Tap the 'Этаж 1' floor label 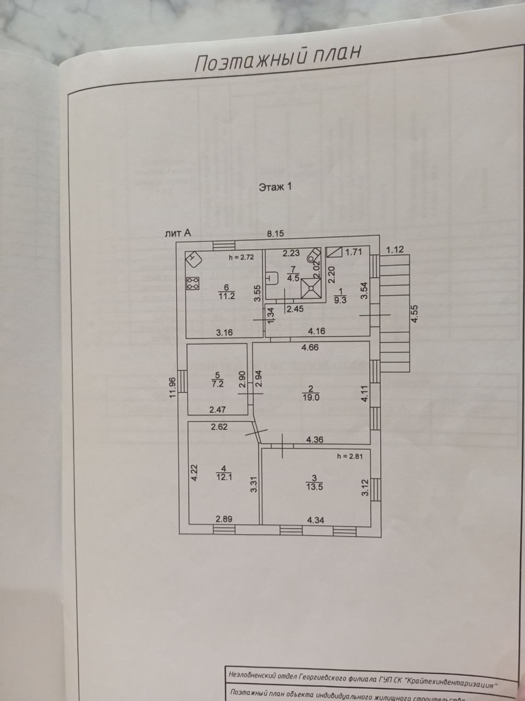pos(276,187)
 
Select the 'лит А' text pos(178,233)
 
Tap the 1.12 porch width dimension pos(395,250)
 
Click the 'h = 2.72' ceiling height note pos(241,257)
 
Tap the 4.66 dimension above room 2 pos(310,347)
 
